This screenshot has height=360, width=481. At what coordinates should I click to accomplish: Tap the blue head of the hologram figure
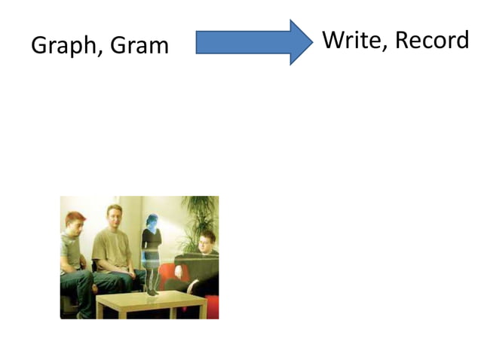tap(152, 221)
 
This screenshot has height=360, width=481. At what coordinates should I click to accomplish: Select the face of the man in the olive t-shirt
tap(114, 218)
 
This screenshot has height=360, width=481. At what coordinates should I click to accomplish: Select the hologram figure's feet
tap(152, 291)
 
